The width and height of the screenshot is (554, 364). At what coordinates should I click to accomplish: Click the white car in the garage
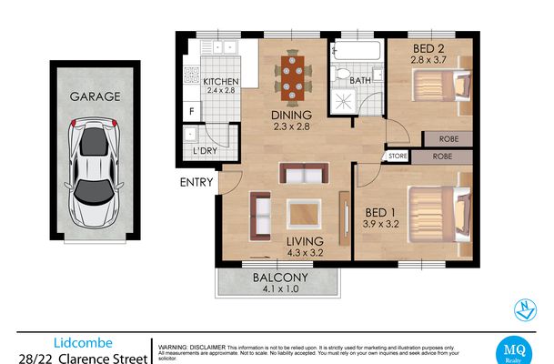tap(95, 173)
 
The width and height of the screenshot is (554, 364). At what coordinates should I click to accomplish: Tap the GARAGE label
tap(94, 96)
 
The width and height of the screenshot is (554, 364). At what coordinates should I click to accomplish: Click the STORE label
tap(398, 156)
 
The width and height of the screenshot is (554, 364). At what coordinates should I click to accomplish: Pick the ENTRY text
tap(196, 182)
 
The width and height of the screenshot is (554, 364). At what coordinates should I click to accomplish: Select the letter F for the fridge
tap(192, 111)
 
